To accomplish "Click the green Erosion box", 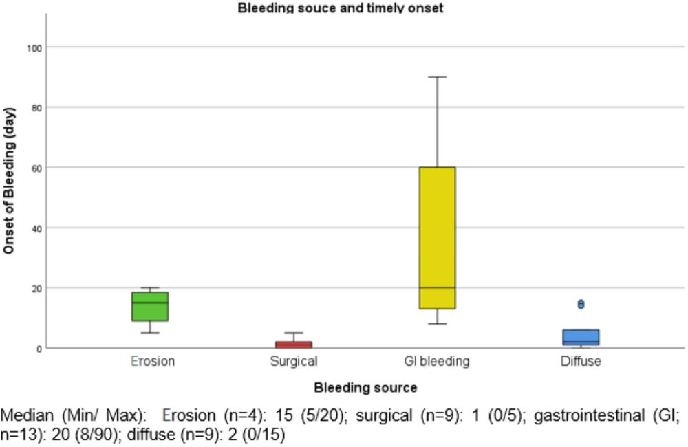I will click(x=150, y=306).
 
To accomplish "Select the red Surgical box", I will click(x=294, y=345).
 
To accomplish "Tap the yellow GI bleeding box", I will click(x=438, y=237).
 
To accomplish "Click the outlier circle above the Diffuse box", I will click(x=581, y=304).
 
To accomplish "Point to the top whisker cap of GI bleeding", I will click(x=438, y=77).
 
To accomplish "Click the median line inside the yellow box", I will click(x=438, y=287).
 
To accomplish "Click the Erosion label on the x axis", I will click(x=152, y=362).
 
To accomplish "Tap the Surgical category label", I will click(x=294, y=362).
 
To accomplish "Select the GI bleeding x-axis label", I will click(x=438, y=362).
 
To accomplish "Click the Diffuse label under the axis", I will click(x=581, y=362).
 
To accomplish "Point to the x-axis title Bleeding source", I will click(x=365, y=388).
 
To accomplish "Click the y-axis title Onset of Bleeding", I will click(x=9, y=179).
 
